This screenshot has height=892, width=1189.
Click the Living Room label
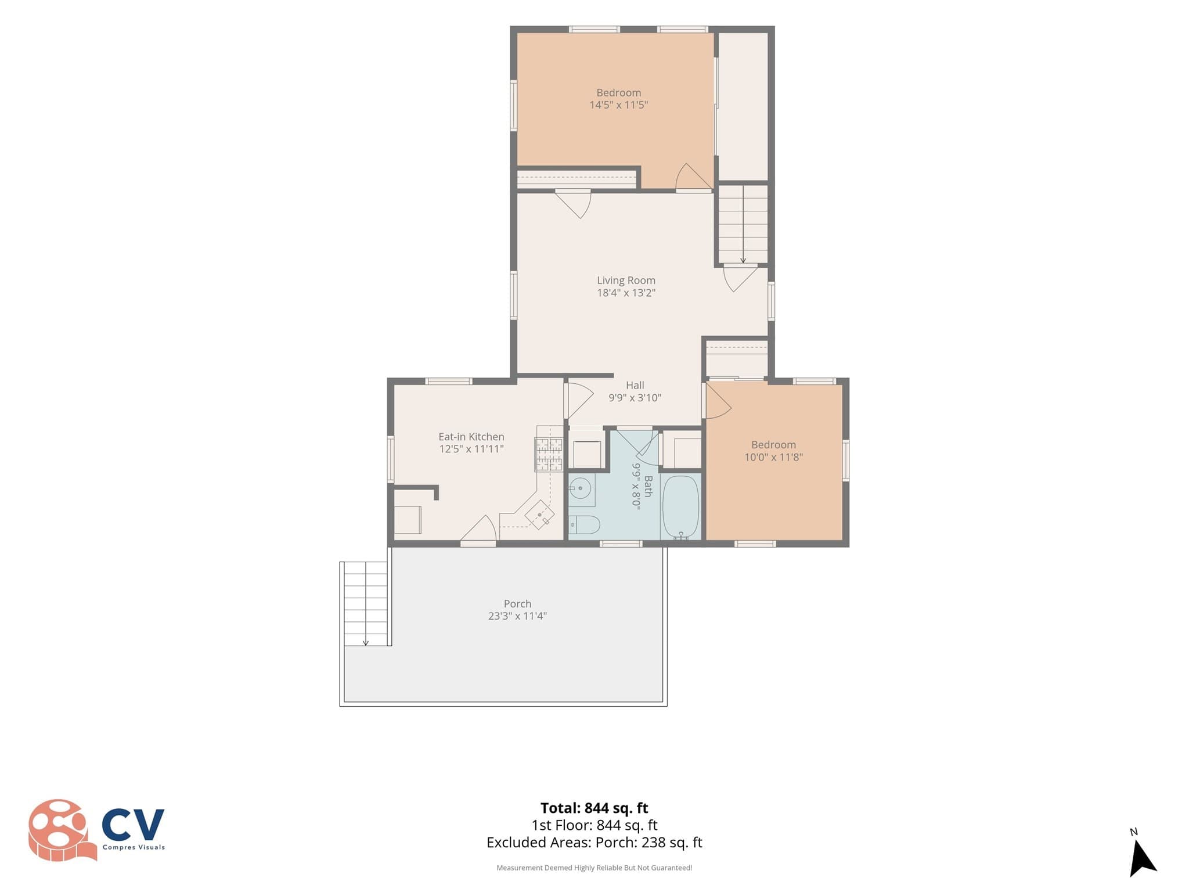(x=626, y=280)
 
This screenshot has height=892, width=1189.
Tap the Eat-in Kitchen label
(x=471, y=437)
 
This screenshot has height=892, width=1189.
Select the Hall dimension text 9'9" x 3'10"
(x=635, y=398)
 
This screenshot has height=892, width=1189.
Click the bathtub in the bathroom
(x=680, y=507)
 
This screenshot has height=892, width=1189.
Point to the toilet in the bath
(x=583, y=525)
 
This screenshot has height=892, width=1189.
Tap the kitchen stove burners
(x=549, y=454)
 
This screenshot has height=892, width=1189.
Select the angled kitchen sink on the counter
(x=539, y=515)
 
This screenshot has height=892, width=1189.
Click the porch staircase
(x=365, y=604)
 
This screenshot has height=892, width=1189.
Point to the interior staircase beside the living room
(x=743, y=224)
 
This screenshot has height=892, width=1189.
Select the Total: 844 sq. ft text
(x=594, y=808)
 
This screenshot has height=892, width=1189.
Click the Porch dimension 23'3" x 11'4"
(x=517, y=616)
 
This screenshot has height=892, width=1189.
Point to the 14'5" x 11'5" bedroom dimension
(x=619, y=105)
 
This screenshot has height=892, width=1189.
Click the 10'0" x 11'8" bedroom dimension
(x=773, y=458)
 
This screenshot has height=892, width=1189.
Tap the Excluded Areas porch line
(x=594, y=843)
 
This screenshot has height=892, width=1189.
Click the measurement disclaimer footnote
(x=594, y=868)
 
